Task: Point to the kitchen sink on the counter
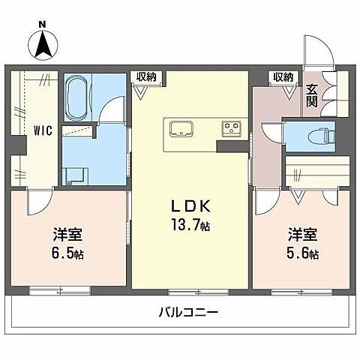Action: tap(181, 128)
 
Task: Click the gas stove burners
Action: tap(232, 127)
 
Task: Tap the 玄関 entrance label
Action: tap(313, 96)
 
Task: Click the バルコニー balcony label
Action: tap(187, 311)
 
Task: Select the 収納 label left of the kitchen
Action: tap(145, 76)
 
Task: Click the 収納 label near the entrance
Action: tap(283, 76)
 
